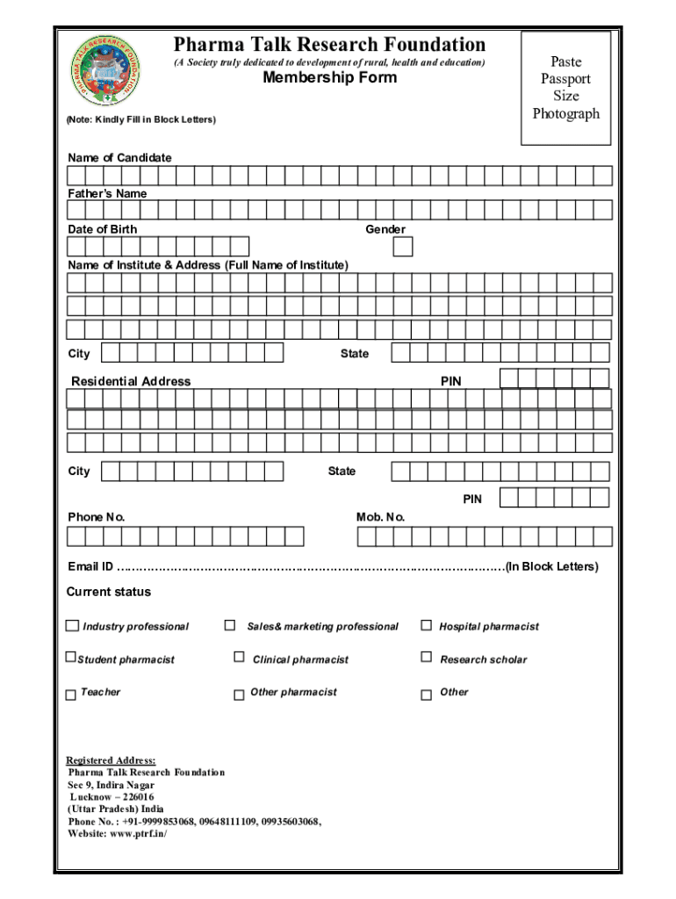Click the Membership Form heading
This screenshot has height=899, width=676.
point(330,78)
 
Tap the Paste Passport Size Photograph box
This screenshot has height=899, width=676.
point(565,88)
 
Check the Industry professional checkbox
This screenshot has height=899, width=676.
point(72,626)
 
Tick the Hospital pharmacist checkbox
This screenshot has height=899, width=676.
point(427,625)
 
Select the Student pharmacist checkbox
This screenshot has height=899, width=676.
point(71,658)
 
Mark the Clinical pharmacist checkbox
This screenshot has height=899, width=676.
point(239,657)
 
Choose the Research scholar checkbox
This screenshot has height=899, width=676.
point(427,657)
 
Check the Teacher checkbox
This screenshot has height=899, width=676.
point(71,694)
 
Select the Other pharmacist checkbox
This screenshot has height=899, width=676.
point(239,694)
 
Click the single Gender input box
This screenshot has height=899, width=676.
point(402,247)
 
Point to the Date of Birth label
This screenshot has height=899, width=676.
point(103,229)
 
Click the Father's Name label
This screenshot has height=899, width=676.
point(107,193)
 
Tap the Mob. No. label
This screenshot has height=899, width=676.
point(380,517)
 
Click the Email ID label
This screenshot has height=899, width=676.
point(90,566)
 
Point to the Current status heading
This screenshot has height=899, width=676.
point(109,592)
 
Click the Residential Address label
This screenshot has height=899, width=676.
point(131,382)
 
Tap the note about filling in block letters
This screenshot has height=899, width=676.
point(141,119)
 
